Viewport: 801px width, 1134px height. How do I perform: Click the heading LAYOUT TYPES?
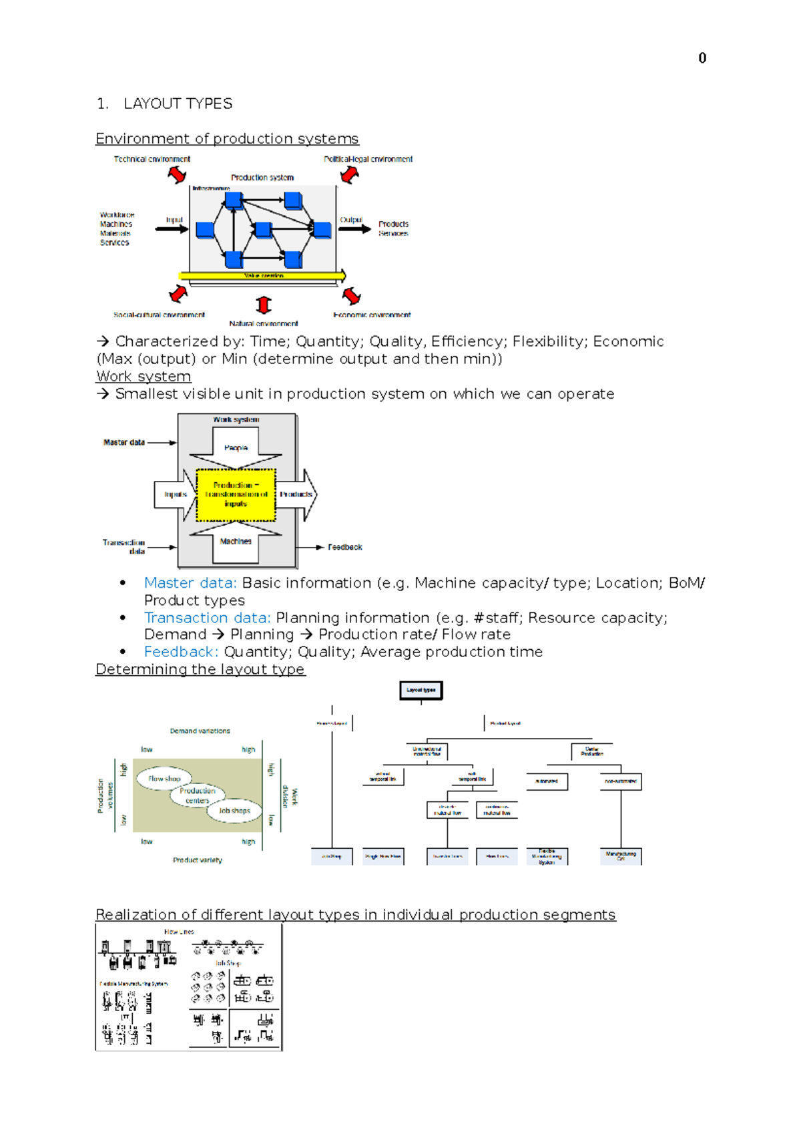(x=178, y=104)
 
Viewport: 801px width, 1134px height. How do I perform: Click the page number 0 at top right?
(x=702, y=58)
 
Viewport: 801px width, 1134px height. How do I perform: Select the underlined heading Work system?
(x=144, y=376)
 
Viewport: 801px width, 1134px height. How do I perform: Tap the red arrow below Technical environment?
(x=177, y=174)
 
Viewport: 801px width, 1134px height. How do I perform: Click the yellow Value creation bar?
(x=262, y=275)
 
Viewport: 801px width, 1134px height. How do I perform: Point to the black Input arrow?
(x=172, y=229)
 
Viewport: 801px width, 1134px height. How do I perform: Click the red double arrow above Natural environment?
(x=264, y=305)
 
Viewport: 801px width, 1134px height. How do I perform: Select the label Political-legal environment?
(x=368, y=159)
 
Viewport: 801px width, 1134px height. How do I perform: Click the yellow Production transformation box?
(x=236, y=495)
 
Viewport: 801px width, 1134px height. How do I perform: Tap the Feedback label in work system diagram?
(x=344, y=547)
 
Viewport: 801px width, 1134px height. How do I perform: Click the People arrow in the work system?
(x=236, y=447)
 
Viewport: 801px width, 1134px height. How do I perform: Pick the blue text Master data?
(x=190, y=583)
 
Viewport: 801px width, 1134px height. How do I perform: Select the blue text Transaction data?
(x=207, y=618)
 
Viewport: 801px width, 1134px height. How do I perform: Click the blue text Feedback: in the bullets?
(x=181, y=652)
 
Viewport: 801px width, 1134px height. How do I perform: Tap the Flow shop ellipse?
(x=164, y=779)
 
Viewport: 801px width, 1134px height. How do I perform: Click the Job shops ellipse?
(x=234, y=811)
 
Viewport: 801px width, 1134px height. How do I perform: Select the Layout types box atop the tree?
(x=421, y=690)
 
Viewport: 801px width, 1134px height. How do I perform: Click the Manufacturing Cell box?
(x=621, y=856)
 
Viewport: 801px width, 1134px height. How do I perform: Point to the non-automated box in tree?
(x=620, y=781)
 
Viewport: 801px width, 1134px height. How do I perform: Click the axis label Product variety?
(x=197, y=860)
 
